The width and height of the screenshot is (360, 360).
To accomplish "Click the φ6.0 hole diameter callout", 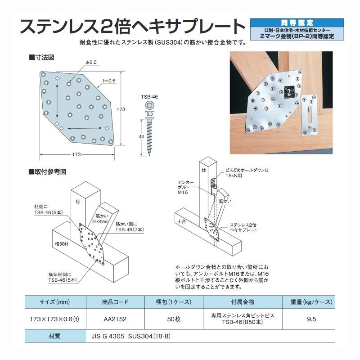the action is point(91,62).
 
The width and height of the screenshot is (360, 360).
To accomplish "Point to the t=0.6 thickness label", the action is point(109,81).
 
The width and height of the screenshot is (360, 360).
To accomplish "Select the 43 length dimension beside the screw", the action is point(141,137).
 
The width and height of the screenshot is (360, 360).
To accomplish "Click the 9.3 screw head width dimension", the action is point(149,114).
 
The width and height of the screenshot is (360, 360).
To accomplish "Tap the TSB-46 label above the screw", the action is point(149,97).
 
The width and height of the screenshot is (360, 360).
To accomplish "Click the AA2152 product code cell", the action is point(115,319).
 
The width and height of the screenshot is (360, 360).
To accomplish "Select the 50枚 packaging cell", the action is point(174,319).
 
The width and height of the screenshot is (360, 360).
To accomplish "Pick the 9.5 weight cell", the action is point(311,319).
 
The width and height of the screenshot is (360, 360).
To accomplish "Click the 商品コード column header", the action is point(115,302).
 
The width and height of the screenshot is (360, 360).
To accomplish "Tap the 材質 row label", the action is point(54,336).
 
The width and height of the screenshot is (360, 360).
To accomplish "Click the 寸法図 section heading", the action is point(42,58).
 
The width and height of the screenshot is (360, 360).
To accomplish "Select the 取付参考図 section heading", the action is point(48,171).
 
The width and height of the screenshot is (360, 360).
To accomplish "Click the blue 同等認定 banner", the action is point(297,23).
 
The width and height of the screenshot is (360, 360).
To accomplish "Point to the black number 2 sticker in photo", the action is point(289,93).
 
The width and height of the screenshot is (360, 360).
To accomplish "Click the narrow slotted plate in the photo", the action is point(309,115).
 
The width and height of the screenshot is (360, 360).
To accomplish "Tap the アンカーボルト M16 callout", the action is point(185,187).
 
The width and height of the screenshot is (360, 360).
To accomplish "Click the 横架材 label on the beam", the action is point(62,244).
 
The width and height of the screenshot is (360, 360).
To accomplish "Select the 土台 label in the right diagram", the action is point(181,221).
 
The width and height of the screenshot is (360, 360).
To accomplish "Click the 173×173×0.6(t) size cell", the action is point(54,319).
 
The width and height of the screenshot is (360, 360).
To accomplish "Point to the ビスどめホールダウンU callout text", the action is point(246,170).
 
